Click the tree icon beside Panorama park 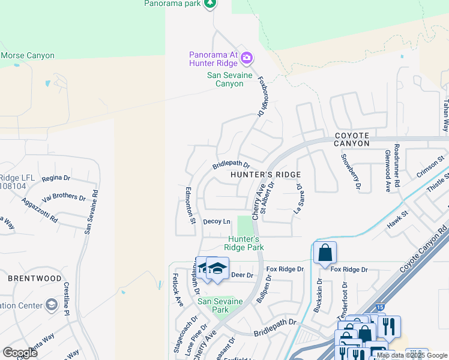point(209,4)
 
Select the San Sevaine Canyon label point(225,79)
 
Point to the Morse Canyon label point(28,56)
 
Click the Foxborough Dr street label point(261,96)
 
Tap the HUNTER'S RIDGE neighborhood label point(266,174)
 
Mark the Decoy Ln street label point(217,221)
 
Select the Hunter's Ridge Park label point(244,243)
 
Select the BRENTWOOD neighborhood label point(35,278)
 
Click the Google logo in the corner point(20,353)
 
